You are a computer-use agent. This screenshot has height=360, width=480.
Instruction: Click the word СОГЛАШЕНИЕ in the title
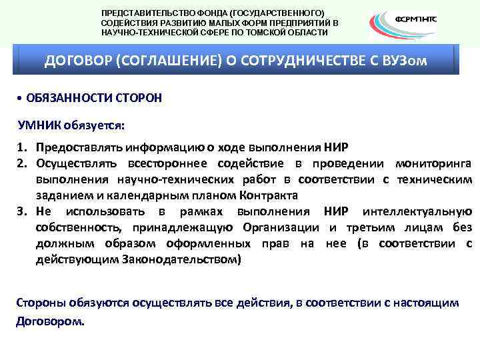pos(161,61)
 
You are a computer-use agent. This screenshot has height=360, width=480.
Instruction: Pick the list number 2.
pos(21,163)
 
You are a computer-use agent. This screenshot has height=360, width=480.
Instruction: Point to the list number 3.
pos(21,212)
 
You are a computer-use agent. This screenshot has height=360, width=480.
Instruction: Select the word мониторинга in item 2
pos(433,163)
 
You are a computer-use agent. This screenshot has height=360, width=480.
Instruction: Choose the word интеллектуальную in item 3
pos(417,212)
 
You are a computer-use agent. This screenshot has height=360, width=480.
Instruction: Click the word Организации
pos(280,228)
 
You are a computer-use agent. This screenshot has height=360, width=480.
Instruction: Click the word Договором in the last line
pos(49,320)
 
